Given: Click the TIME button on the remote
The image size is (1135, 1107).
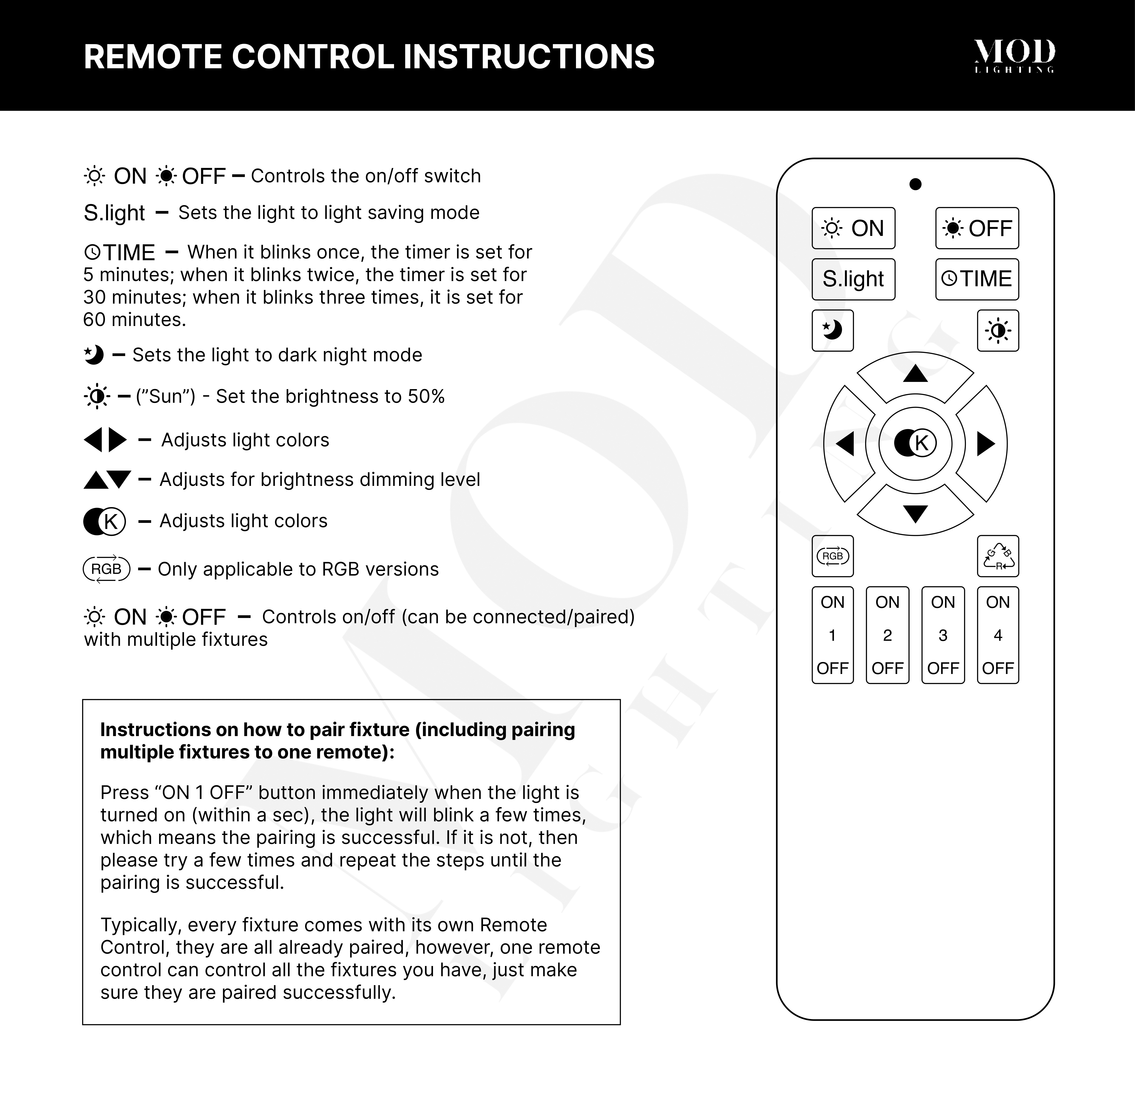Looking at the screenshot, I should click(x=977, y=279).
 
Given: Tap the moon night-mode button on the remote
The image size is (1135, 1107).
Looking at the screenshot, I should click(x=832, y=330).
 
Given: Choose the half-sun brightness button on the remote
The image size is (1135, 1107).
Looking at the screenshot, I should click(x=998, y=330).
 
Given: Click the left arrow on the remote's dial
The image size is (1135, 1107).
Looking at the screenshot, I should click(x=845, y=444).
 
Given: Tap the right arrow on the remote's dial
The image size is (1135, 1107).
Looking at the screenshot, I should click(x=985, y=444).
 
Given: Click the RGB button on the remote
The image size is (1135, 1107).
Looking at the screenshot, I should click(x=832, y=556).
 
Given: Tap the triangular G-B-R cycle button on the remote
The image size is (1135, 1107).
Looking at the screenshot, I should click(x=998, y=556).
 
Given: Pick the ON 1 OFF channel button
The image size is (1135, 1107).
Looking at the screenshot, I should click(x=832, y=635).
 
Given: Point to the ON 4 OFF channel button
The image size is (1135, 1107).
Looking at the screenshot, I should click(x=998, y=635).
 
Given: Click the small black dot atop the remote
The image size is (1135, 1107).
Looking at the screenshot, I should click(x=915, y=184).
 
